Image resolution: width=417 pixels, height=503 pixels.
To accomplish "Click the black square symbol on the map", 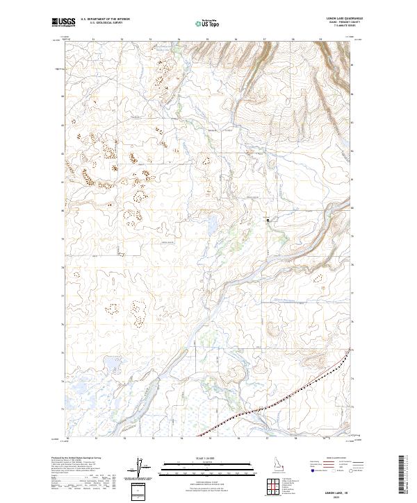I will (268, 220).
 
